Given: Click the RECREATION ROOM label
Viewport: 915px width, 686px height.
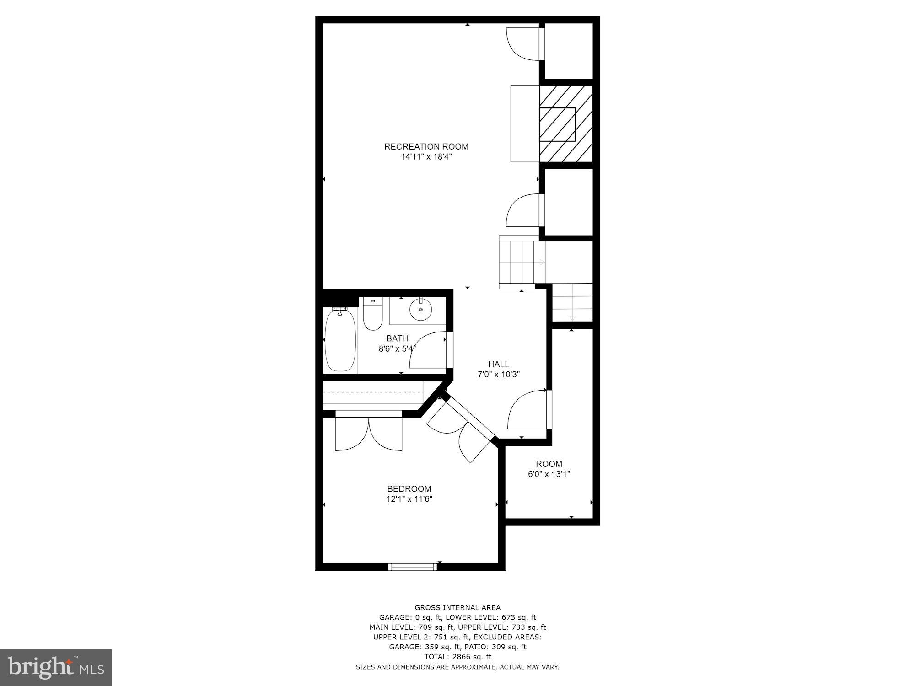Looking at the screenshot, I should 426,146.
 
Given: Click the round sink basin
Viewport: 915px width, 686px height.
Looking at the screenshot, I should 420,310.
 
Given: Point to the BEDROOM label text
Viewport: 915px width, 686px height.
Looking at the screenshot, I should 409,489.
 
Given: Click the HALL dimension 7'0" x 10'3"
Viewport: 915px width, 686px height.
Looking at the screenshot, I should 498,374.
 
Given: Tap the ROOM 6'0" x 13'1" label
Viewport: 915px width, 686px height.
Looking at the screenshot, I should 549,469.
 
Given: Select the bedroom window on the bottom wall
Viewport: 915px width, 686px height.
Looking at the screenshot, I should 413,567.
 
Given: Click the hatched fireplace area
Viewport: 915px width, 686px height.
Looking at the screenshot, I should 566,123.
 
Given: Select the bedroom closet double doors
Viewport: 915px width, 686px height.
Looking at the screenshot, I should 369,432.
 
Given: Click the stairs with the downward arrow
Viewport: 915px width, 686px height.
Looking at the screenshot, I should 572,302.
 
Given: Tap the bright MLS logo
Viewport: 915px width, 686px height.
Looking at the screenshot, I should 56,667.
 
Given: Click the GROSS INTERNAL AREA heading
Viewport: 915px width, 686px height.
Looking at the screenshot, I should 457,607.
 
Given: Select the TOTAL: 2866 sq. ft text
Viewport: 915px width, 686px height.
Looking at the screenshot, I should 457,657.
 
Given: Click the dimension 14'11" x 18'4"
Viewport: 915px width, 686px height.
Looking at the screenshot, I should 426,157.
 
